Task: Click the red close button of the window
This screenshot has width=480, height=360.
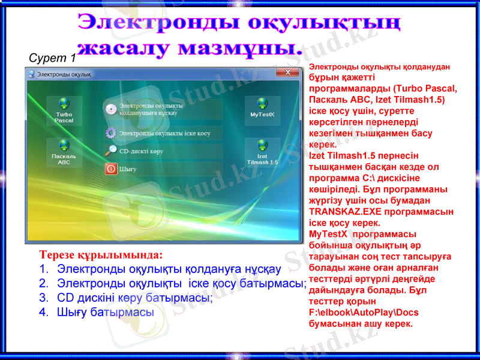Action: pos(292,73)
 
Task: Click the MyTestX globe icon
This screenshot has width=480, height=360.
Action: pos(262,103)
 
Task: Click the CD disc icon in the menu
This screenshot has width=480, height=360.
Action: pos(111,109)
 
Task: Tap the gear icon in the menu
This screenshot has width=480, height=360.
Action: pos(111,133)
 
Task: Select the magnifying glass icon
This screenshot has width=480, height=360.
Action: pos(111,151)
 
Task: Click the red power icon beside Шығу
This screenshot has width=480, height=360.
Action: pos(111,169)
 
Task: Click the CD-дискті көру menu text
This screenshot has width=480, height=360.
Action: pos(142,152)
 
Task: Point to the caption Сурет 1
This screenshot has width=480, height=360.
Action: pos(52,58)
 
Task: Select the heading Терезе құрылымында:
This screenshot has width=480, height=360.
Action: pos(101,254)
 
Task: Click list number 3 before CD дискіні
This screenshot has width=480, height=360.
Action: pos(43,298)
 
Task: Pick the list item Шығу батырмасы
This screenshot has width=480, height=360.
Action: pos(105,312)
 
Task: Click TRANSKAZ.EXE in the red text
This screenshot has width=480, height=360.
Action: pos(338,212)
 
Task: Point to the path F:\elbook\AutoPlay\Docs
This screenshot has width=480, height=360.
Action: pos(364,313)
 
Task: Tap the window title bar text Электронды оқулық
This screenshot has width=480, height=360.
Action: pos(64,74)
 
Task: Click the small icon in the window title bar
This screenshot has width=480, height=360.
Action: pos(31,74)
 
